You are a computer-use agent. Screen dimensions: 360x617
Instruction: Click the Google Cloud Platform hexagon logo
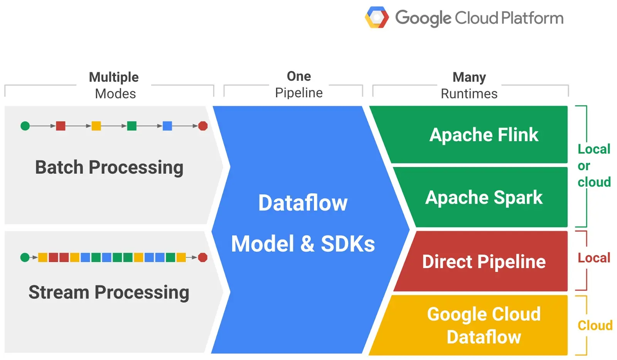coord(377,18)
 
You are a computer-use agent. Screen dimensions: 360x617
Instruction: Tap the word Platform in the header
coord(532,18)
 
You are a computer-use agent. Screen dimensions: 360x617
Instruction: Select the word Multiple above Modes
coord(114,77)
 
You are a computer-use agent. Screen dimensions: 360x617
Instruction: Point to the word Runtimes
coord(469,94)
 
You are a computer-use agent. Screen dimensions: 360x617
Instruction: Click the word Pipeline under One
coord(299,93)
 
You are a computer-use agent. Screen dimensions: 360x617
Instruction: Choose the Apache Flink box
coord(484,135)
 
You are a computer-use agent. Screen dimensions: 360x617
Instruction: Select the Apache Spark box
coord(484,198)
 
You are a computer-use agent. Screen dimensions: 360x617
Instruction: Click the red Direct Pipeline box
coord(484,262)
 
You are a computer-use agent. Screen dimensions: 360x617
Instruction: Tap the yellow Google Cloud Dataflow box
coord(484,325)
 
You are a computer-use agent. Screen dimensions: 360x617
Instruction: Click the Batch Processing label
coord(109,167)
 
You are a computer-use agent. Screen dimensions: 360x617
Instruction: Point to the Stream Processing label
coord(109,292)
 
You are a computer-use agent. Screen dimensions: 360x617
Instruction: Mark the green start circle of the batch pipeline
coord(25,126)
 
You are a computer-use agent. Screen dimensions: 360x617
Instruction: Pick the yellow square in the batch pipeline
coord(96,126)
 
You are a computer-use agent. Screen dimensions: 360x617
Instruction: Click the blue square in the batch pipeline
coord(167,126)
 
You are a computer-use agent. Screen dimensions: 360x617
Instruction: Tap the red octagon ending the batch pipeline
coord(203,126)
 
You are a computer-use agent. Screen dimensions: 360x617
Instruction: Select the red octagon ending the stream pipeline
coord(202,257)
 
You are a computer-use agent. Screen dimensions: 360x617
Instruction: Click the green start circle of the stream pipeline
coord(25,257)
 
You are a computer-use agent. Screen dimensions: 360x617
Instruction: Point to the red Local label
coord(594,258)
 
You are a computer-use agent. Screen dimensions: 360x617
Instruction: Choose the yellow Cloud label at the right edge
coord(595,325)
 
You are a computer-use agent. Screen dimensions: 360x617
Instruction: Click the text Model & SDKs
coord(303,244)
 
